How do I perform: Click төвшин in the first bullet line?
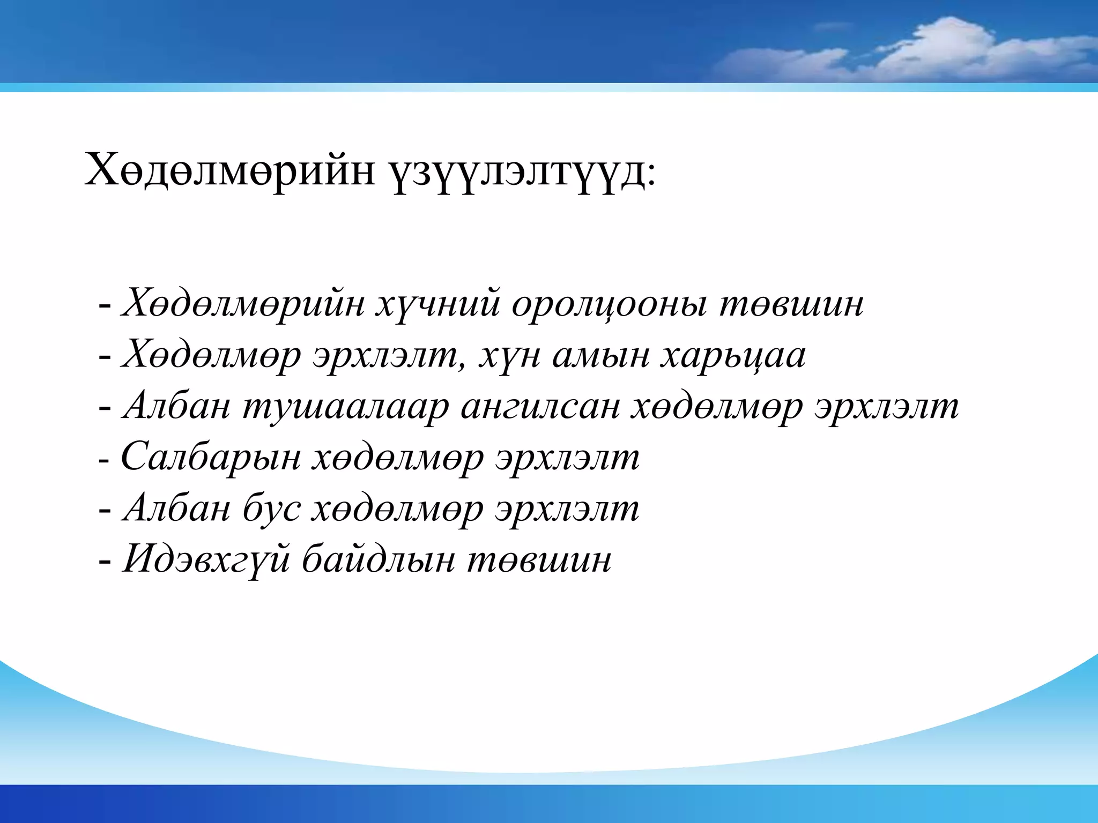(791, 304)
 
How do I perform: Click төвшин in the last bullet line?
(539, 559)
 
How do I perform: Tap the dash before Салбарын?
(104, 460)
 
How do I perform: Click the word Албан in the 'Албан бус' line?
(176, 508)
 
